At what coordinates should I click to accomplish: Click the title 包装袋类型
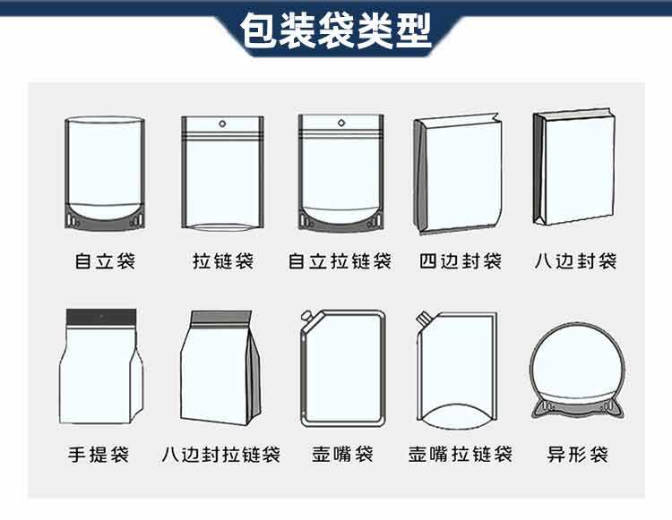336,30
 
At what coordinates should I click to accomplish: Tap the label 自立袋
105,261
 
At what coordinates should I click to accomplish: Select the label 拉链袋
223,261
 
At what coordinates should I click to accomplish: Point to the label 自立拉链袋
340,261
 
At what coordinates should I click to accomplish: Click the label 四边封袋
461,261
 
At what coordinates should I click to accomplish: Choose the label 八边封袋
575,261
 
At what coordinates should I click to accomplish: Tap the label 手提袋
99,454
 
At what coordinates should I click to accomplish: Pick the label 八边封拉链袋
221,454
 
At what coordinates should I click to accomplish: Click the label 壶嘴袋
342,454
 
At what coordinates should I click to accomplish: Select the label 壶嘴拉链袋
461,454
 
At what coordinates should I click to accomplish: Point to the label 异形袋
577,454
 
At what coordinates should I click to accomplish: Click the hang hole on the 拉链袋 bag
222,124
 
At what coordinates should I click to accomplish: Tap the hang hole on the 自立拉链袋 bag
341,123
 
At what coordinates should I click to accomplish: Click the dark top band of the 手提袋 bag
101,317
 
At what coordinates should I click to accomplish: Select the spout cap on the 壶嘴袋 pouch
306,317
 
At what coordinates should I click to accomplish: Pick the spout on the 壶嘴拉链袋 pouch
423,318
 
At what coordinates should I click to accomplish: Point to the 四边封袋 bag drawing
458,174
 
